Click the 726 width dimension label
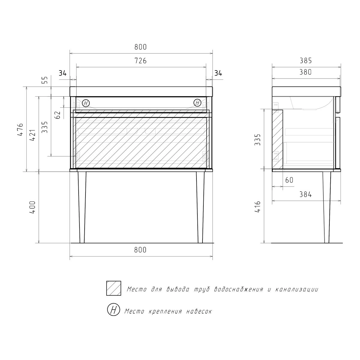click(x=140, y=61)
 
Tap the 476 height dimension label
click(x=20, y=129)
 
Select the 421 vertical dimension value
click(x=32, y=135)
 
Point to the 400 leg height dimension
click(x=32, y=207)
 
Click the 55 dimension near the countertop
click(x=45, y=80)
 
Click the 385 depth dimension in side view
click(x=306, y=61)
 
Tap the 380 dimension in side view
click(x=306, y=72)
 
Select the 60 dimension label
click(x=289, y=180)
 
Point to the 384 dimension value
click(x=306, y=194)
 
